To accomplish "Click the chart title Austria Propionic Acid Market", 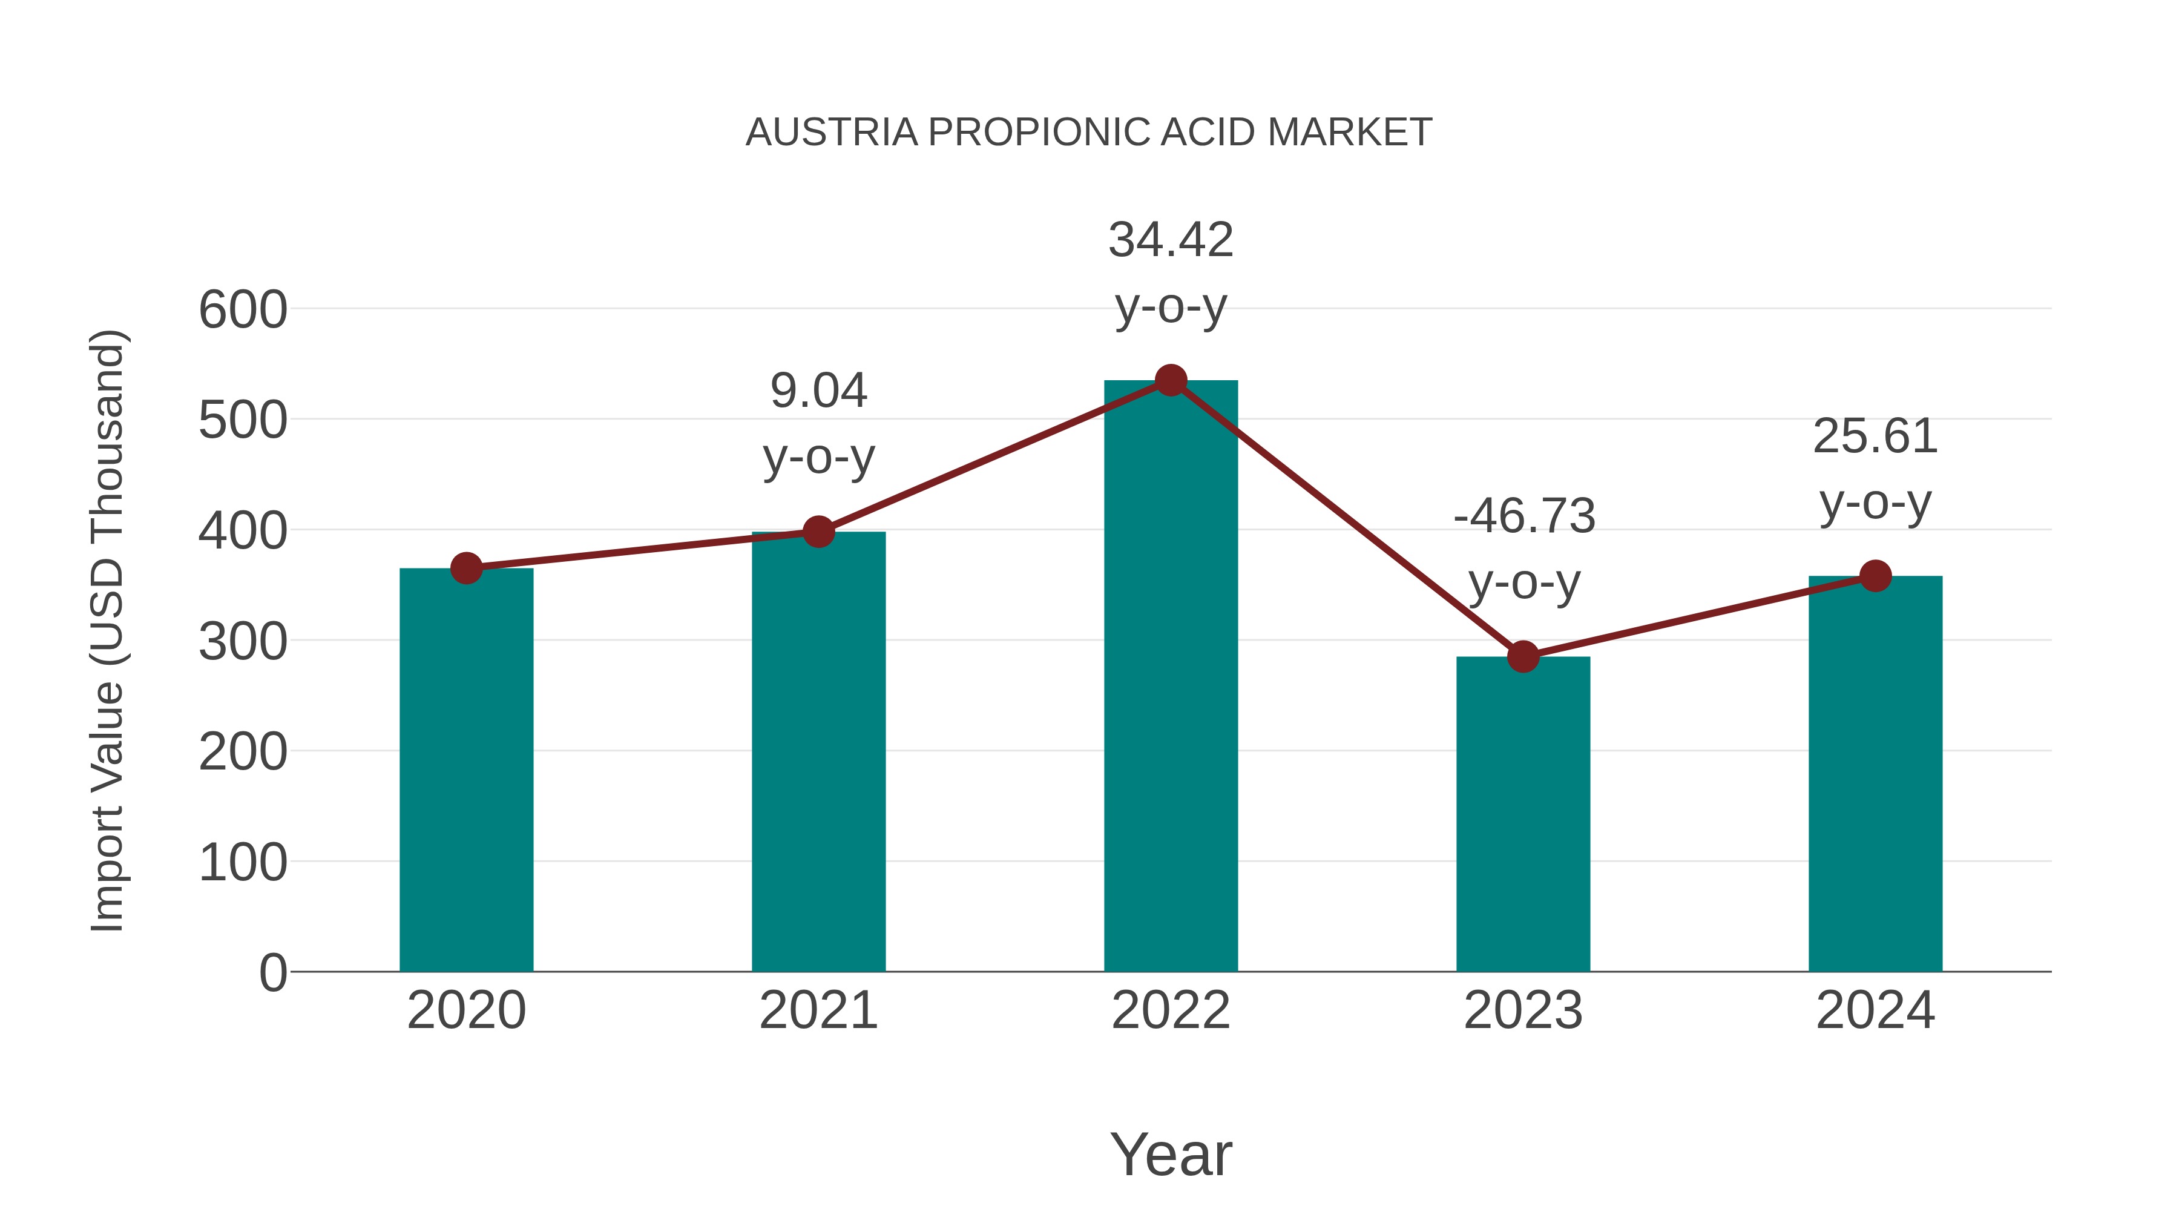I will coord(1089,133).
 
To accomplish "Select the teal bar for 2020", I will coord(466,770).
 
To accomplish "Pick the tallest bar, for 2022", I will coord(1171,676).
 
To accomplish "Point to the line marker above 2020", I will coord(466,569).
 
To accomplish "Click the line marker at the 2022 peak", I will coord(1171,381).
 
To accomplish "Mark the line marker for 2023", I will coord(1523,656).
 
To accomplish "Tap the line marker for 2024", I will coord(1875,576).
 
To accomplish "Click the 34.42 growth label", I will coord(1171,240).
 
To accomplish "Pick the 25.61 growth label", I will coord(1875,437).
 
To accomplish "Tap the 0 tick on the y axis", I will coord(272,972).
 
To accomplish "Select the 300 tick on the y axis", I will coord(243,641).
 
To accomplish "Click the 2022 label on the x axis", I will coord(1171,1010).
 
